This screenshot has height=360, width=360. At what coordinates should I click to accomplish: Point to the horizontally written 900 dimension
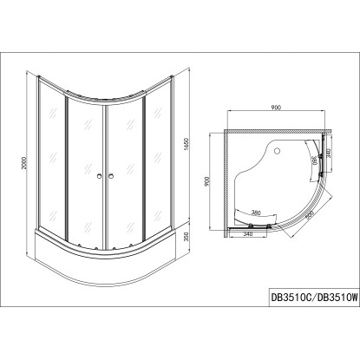tap(275, 108)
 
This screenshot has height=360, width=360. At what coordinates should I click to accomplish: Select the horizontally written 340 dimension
tap(248, 232)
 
